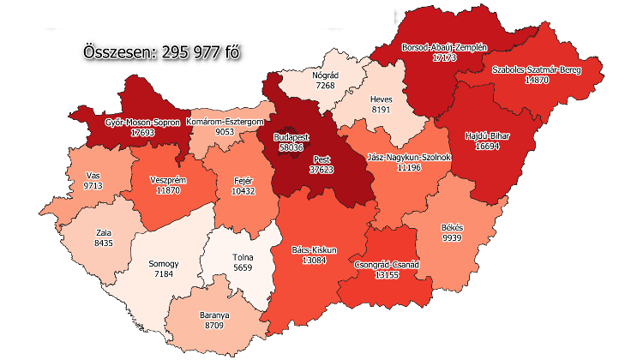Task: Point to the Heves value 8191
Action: [381, 110]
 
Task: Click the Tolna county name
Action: [243, 256]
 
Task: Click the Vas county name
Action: [93, 174]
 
